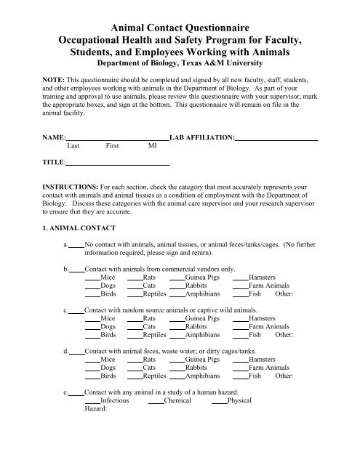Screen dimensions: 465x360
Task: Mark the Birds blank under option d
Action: (x=92, y=378)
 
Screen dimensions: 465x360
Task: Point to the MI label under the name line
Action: (x=152, y=145)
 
